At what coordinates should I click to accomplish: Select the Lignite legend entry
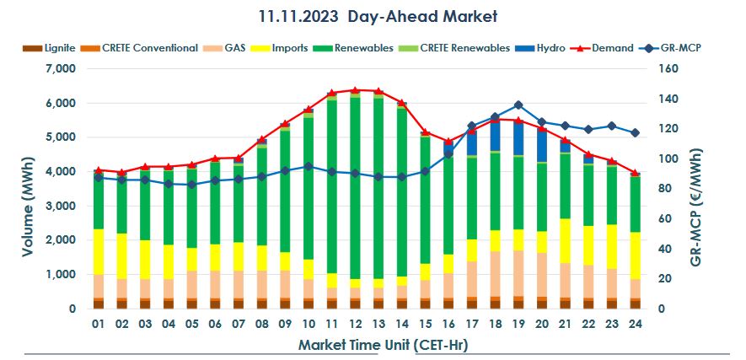point(53,48)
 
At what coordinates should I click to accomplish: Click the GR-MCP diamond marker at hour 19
point(518,105)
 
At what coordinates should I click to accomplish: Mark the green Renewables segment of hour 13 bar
point(378,185)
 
